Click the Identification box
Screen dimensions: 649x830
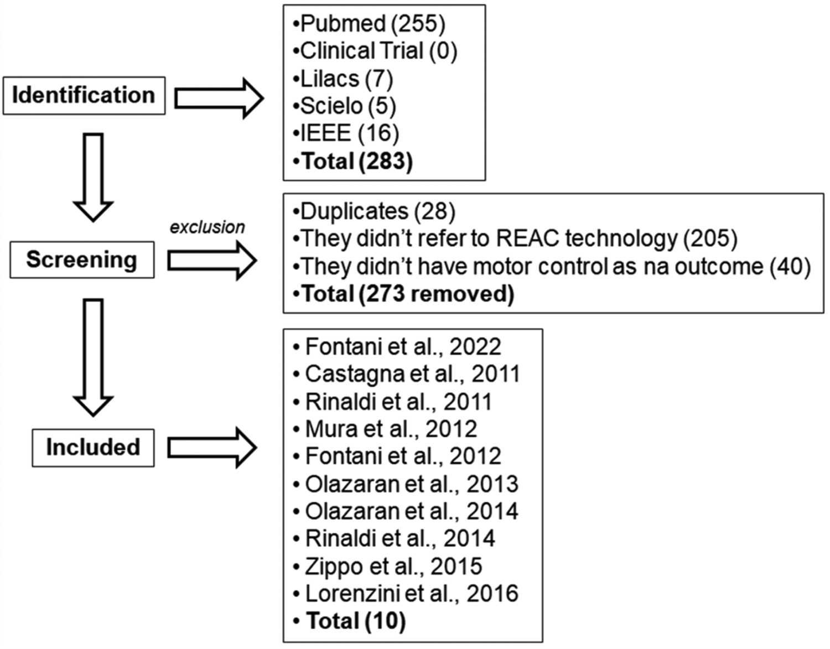pyautogui.click(x=84, y=95)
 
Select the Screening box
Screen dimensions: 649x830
pyautogui.click(x=82, y=259)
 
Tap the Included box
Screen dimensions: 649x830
pyautogui.click(x=93, y=447)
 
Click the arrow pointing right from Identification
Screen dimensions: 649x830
pyautogui.click(x=219, y=98)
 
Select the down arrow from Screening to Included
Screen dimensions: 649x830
pyautogui.click(x=93, y=357)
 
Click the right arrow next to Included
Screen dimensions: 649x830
pyautogui.click(x=212, y=447)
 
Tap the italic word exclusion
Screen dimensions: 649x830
pyautogui.click(x=207, y=227)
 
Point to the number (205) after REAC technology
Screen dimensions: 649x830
pyautogui.click(x=710, y=238)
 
